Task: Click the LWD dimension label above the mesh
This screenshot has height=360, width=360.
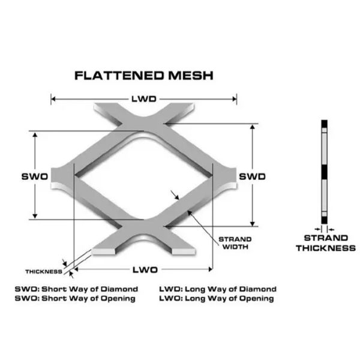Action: pyautogui.click(x=143, y=98)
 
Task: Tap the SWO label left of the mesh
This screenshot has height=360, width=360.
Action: pyautogui.click(x=34, y=176)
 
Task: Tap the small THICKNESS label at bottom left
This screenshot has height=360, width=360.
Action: pyautogui.click(x=44, y=271)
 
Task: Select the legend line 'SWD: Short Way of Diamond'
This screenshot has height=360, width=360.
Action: pyautogui.click(x=76, y=289)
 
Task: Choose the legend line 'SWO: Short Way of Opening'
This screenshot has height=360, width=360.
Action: pyautogui.click(x=75, y=298)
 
